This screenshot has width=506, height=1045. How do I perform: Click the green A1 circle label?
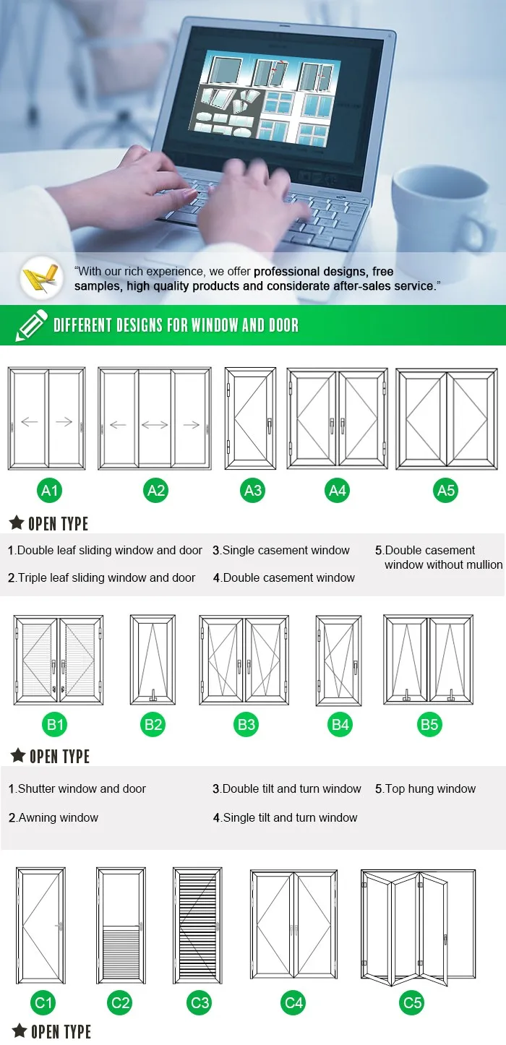point(49,491)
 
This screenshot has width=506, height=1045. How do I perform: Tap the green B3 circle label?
point(246,724)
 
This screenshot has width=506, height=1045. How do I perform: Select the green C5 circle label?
point(412,1002)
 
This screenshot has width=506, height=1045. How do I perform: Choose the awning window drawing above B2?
point(153,659)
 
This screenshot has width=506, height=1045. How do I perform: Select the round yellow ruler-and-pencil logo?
point(41,278)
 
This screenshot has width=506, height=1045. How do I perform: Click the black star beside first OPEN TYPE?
point(16,522)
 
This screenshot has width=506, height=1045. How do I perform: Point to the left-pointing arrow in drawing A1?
point(30,422)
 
